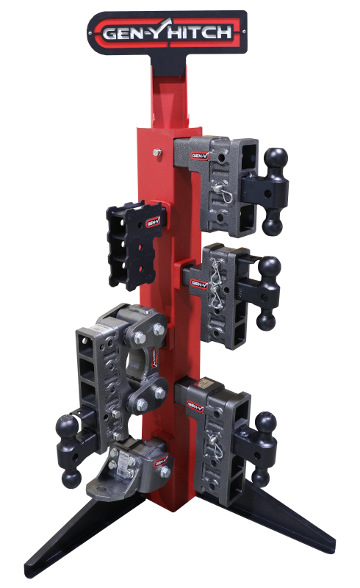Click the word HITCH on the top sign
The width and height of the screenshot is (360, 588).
click(x=208, y=32)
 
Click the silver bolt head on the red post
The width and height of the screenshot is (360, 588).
click(x=156, y=154)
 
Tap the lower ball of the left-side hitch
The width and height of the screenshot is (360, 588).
click(x=71, y=479)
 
